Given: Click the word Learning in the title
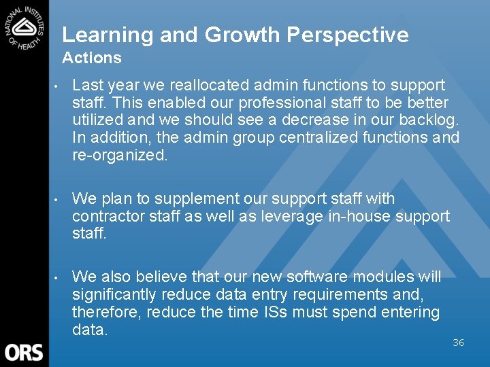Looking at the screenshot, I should tap(108, 35).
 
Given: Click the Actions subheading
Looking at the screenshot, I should tap(91, 58).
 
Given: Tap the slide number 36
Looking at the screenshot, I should tap(458, 343).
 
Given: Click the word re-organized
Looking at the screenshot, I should tap(120, 155).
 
